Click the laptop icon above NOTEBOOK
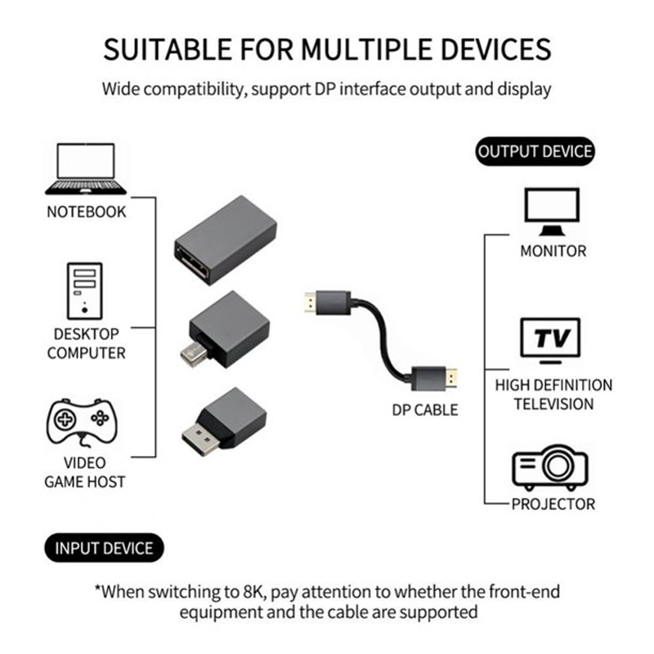86,169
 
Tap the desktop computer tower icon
85,291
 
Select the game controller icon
82,422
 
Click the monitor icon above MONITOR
553,212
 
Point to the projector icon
550,467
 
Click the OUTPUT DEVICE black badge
535,151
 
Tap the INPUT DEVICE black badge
105,548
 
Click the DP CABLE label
424,410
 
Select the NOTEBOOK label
87,212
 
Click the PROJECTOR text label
553,504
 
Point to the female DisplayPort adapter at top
226,240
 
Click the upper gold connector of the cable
311,302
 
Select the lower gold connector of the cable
451,379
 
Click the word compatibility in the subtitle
195,89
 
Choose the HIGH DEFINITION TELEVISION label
553,395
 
